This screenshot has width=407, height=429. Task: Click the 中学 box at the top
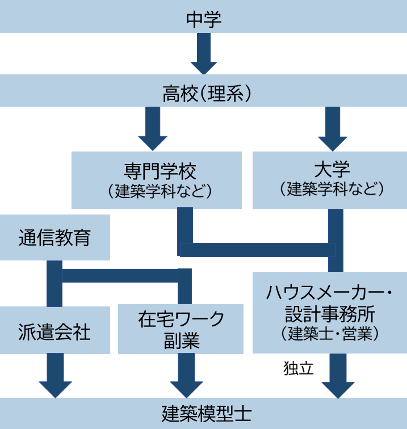(x=203, y=18)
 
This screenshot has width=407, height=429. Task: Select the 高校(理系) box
(x=203, y=92)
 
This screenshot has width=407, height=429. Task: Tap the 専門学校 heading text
(x=156, y=169)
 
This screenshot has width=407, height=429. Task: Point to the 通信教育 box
(x=54, y=238)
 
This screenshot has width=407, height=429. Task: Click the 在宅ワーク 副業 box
(x=181, y=329)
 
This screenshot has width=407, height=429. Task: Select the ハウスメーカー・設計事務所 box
(x=330, y=312)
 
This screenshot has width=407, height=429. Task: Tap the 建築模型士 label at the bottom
(x=203, y=413)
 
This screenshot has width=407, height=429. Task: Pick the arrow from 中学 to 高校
(x=203, y=54)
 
